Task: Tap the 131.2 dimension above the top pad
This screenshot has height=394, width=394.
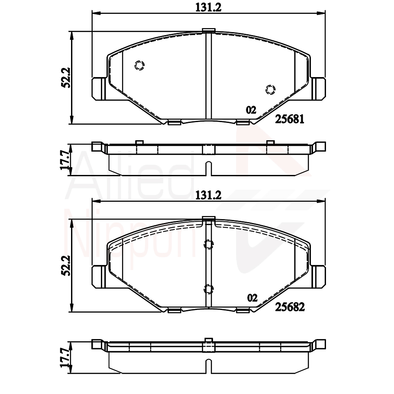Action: coord(208,7)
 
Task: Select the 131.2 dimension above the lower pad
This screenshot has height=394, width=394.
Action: coord(208,195)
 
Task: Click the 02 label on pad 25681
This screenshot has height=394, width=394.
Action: coord(251,110)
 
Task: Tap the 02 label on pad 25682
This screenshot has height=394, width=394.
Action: coord(252,298)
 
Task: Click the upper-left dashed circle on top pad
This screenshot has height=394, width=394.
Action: coord(139,65)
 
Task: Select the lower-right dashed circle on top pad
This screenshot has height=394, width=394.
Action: coord(270,89)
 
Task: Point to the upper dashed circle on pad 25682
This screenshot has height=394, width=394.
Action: coord(209,245)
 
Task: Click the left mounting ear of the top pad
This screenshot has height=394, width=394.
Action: coord(99,88)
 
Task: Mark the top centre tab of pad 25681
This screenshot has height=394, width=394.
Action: coord(209,30)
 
